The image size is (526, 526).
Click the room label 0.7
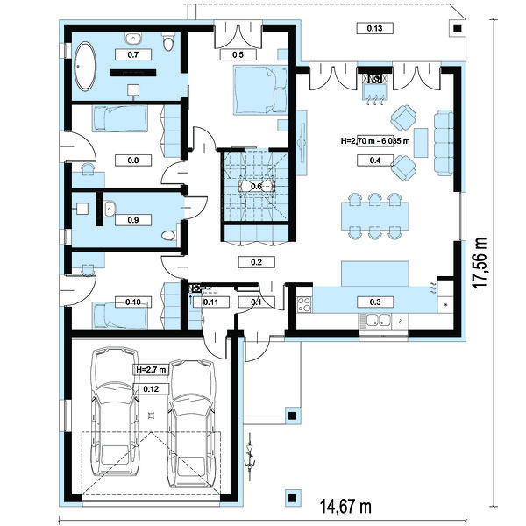click(x=133, y=54)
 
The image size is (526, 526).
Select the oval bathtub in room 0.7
click(x=85, y=66)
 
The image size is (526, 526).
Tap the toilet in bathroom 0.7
click(x=168, y=41)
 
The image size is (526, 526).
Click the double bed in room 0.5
click(x=260, y=90)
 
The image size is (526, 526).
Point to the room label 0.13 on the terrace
click(x=374, y=28)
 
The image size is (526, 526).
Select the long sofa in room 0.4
click(x=444, y=142)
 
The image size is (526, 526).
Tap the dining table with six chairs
click(x=375, y=216)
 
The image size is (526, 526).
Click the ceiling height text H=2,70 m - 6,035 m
click(x=375, y=141)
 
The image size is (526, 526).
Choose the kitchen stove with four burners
click(x=304, y=304)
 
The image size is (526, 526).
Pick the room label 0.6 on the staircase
click(x=256, y=186)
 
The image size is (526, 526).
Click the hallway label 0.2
click(x=256, y=262)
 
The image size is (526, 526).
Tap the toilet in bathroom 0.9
click(x=168, y=236)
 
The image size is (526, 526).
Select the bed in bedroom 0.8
click(x=120, y=118)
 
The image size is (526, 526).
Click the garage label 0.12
click(x=151, y=388)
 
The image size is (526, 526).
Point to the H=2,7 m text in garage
click(x=151, y=370)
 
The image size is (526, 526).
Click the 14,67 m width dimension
click(x=345, y=506)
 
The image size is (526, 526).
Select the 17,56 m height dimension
click(x=480, y=263)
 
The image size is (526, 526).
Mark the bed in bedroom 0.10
click(x=120, y=315)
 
